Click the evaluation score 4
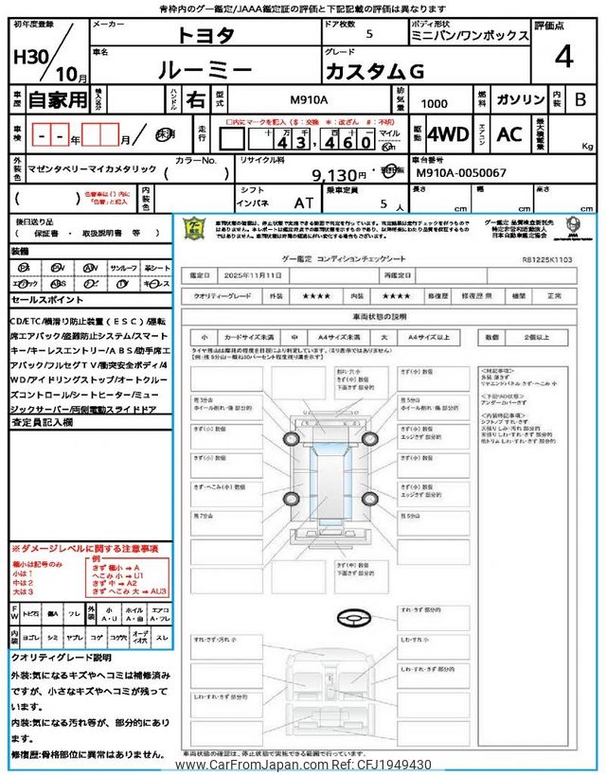[563, 57]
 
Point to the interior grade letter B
[580, 99]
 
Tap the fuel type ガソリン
[520, 99]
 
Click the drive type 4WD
[448, 134]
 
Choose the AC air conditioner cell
[509, 134]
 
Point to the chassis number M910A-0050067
[461, 174]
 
